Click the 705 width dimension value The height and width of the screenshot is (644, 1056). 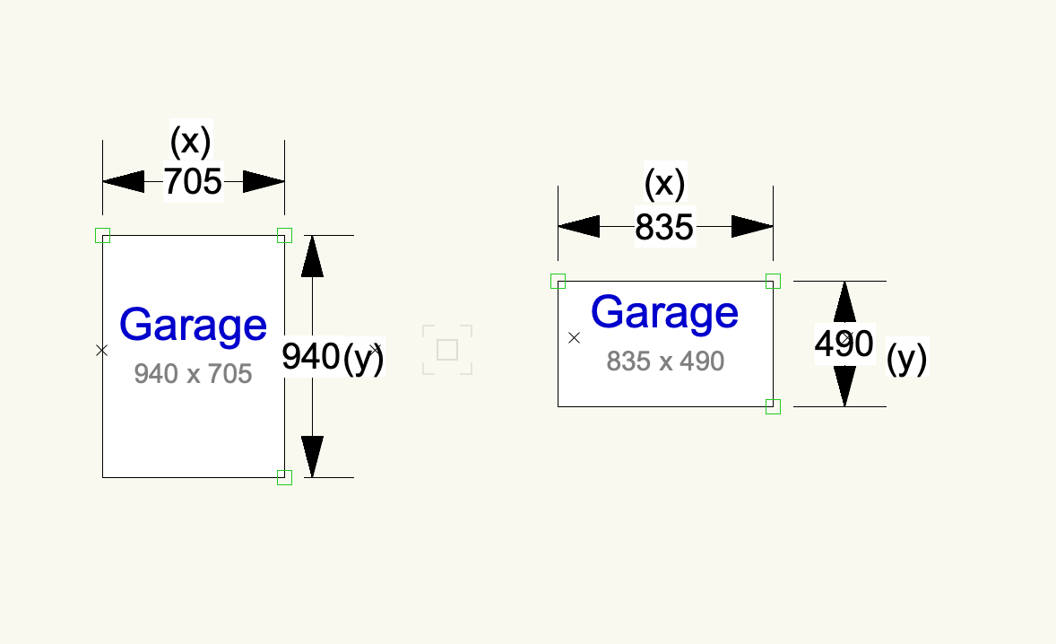(x=193, y=182)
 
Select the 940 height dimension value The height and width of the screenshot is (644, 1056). (x=310, y=357)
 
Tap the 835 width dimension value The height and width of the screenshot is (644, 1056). (x=664, y=228)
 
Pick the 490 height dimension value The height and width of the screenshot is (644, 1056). (x=844, y=344)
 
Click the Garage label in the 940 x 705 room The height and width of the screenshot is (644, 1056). (x=193, y=325)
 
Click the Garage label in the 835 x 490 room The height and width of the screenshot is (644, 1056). (x=664, y=312)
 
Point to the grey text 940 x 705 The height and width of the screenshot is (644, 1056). (x=193, y=373)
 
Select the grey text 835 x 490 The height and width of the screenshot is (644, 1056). (x=664, y=361)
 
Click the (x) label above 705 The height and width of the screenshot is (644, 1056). (x=190, y=141)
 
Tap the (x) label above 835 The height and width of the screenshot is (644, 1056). (x=664, y=184)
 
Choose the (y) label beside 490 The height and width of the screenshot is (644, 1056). (x=906, y=360)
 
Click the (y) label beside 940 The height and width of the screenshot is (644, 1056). (x=363, y=357)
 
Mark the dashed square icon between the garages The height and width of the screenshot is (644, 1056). (x=447, y=350)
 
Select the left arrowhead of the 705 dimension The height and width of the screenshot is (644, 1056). (x=123, y=182)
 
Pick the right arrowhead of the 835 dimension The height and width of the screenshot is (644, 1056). (x=752, y=227)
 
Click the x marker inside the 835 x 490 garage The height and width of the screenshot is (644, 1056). (x=575, y=338)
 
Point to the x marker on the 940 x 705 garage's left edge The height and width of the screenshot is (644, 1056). (x=102, y=350)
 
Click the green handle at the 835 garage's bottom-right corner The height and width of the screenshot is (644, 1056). (x=773, y=406)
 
